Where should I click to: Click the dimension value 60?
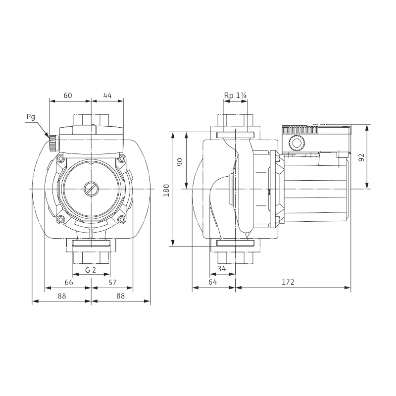[x=68, y=96]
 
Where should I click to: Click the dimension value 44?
[x=107, y=96]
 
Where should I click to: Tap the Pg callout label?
[x=31, y=117]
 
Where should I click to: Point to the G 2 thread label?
[x=91, y=270]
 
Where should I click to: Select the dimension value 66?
[x=69, y=282]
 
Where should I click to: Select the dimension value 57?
[x=112, y=282]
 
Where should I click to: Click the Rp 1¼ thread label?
[x=235, y=96]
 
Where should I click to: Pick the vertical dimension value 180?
[x=166, y=191]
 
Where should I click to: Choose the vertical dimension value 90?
[x=180, y=162]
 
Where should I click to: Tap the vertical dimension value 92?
[x=362, y=157]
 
